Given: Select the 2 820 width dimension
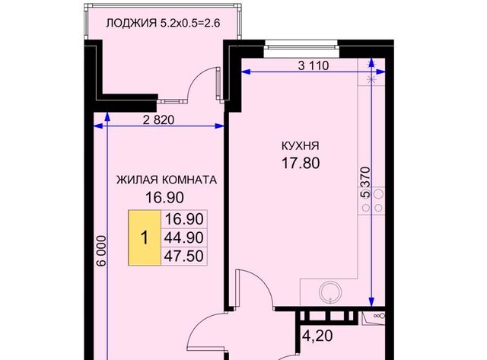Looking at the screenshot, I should [x=161, y=120].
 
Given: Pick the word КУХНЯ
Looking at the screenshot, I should [x=299, y=145].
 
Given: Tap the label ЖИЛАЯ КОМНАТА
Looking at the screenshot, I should [x=167, y=180].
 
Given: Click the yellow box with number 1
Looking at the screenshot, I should [x=144, y=237].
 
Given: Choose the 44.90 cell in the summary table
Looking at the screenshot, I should [x=183, y=237].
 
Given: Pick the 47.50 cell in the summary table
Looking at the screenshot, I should [x=183, y=256].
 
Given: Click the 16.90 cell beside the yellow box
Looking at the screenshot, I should [x=183, y=220].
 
